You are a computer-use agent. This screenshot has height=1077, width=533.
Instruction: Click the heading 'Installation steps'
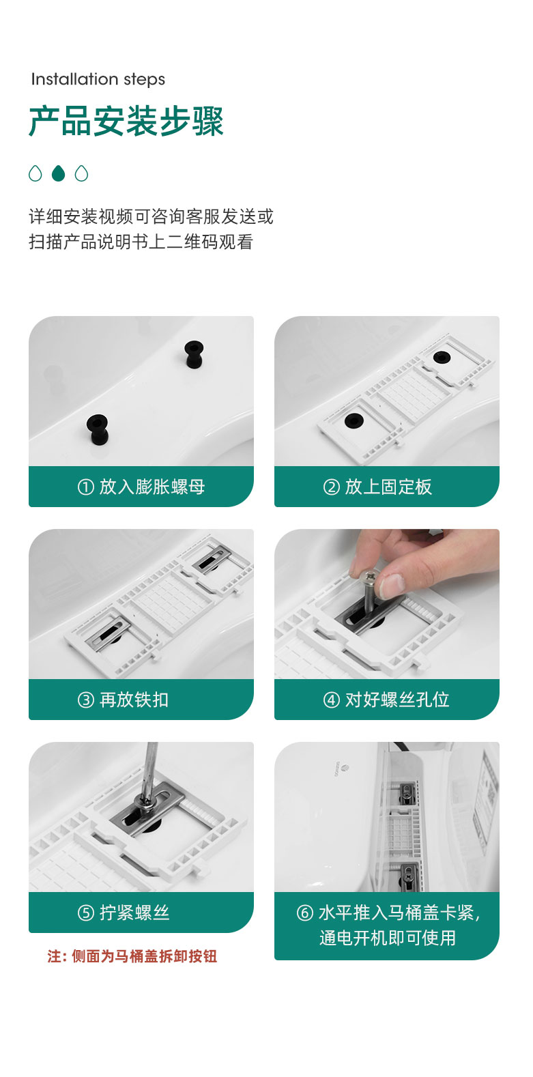coord(98,79)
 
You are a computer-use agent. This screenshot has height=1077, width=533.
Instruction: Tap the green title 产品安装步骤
coord(126,121)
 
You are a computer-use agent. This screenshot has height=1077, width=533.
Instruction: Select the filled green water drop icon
coord(58,173)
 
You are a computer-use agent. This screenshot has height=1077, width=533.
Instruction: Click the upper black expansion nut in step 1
coord(194,354)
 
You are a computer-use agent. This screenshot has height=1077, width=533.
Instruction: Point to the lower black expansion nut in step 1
coord(98,429)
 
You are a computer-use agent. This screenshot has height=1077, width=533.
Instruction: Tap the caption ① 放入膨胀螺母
coord(141,487)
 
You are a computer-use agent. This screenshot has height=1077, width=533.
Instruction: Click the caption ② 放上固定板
coord(377,487)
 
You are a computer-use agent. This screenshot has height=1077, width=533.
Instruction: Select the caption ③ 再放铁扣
coord(123,700)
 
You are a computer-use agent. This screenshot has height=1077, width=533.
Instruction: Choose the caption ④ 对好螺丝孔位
coord(386,700)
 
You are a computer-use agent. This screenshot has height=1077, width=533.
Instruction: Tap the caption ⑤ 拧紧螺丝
coord(123,913)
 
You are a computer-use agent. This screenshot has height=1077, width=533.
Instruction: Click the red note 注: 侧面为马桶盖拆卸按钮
coord(132,956)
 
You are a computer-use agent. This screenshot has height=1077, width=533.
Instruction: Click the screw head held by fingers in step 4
coord(371,576)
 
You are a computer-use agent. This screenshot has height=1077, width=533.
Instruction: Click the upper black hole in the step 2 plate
coord(442,357)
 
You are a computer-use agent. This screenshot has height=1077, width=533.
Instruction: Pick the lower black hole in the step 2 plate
coord(354,420)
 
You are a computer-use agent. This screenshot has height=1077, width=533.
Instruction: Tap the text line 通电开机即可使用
coord(388,938)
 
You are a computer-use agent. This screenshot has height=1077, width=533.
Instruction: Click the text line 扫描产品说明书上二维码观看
coord(141,242)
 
